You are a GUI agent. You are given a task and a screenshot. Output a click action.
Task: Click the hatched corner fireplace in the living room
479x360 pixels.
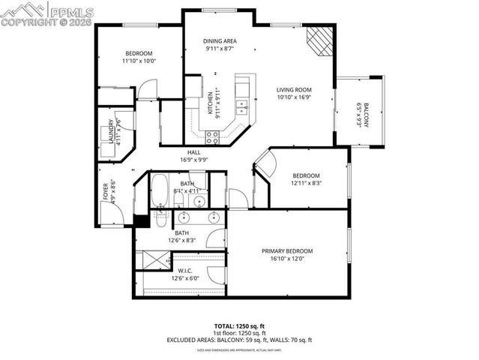pos(321,39)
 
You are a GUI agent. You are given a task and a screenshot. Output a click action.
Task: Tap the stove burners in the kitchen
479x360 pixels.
pos(213,136)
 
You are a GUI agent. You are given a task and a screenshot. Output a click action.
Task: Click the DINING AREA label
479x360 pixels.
pos(220,40)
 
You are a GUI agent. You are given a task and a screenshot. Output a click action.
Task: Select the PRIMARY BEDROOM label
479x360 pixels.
pos(287,250)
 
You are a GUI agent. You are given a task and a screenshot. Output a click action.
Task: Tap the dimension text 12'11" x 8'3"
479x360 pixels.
pos(307,182)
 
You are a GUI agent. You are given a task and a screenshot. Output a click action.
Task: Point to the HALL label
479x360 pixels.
pos(193,152)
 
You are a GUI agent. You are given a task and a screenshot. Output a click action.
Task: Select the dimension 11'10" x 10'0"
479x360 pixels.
pos(139,61)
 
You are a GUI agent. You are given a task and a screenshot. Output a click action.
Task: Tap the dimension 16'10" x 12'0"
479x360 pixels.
pos(287,259)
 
